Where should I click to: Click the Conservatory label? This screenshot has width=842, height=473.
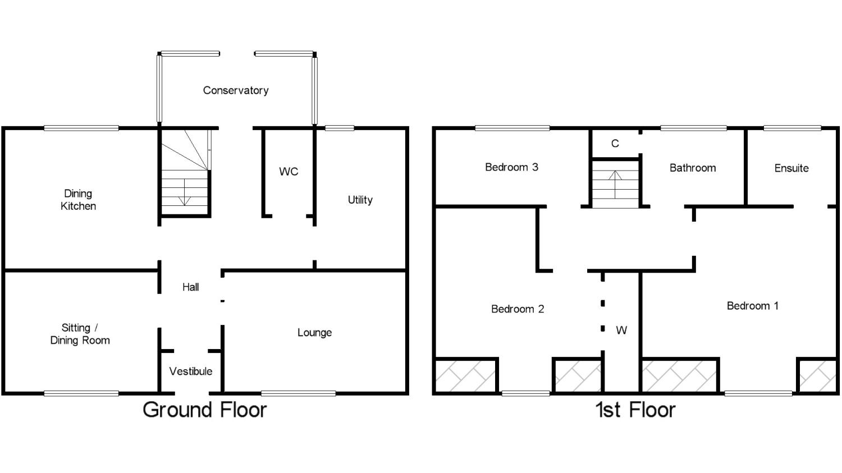click(x=236, y=90)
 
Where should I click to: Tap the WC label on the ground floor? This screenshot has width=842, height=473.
click(x=289, y=172)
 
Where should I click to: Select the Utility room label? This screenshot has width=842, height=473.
click(x=360, y=200)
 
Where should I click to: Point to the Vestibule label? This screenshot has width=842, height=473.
click(x=191, y=371)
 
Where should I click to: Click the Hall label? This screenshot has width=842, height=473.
click(x=191, y=287)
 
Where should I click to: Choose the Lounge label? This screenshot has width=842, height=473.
click(x=314, y=333)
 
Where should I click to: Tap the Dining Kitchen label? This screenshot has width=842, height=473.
click(x=78, y=200)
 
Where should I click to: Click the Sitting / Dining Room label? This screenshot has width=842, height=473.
click(x=80, y=334)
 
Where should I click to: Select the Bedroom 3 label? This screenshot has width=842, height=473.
click(x=511, y=167)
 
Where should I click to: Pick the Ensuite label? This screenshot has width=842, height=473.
click(x=791, y=168)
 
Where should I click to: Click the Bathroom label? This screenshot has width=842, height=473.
click(x=693, y=168)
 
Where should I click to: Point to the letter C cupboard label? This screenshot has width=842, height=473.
click(x=615, y=144)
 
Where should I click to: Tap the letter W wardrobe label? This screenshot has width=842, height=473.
click(x=621, y=330)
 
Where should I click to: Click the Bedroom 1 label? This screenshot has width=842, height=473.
click(x=753, y=306)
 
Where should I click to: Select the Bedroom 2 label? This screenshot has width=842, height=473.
click(x=518, y=309)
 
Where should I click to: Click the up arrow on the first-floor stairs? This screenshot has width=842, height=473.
click(x=615, y=184)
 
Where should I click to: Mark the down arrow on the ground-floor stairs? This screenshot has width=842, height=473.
click(x=185, y=192)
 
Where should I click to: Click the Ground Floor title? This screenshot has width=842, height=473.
click(x=205, y=410)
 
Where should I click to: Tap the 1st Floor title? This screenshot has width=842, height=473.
click(x=635, y=410)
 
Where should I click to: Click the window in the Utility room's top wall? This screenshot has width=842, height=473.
click(x=340, y=128)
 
